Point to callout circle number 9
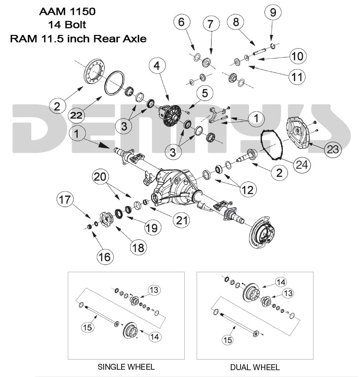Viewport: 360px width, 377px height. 273,12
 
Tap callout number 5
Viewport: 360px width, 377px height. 204,92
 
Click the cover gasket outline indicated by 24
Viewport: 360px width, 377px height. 273,145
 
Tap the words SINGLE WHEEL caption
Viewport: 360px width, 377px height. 126,367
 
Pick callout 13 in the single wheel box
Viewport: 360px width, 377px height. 154,290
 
